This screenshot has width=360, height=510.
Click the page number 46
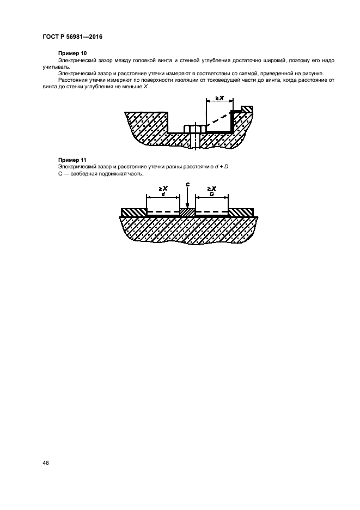pyautogui.click(x=46, y=463)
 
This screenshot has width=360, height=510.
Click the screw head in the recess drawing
pyautogui.click(x=194, y=129)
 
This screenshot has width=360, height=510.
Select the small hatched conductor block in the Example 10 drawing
pyautogui.click(x=247, y=110)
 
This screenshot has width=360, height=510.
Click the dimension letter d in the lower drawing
pyautogui.click(x=163, y=193)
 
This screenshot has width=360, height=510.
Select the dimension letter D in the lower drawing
pyautogui.click(x=211, y=193)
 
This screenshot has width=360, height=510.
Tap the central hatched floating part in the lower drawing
pyautogui.click(x=187, y=212)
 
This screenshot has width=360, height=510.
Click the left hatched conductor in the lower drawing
pyautogui.click(x=133, y=212)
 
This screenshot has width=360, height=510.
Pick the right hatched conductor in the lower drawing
pyautogui.click(x=241, y=212)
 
